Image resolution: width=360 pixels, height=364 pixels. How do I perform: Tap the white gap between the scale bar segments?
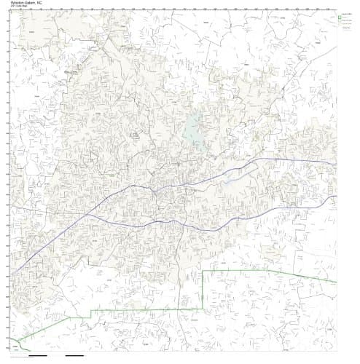click(60, 356)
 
